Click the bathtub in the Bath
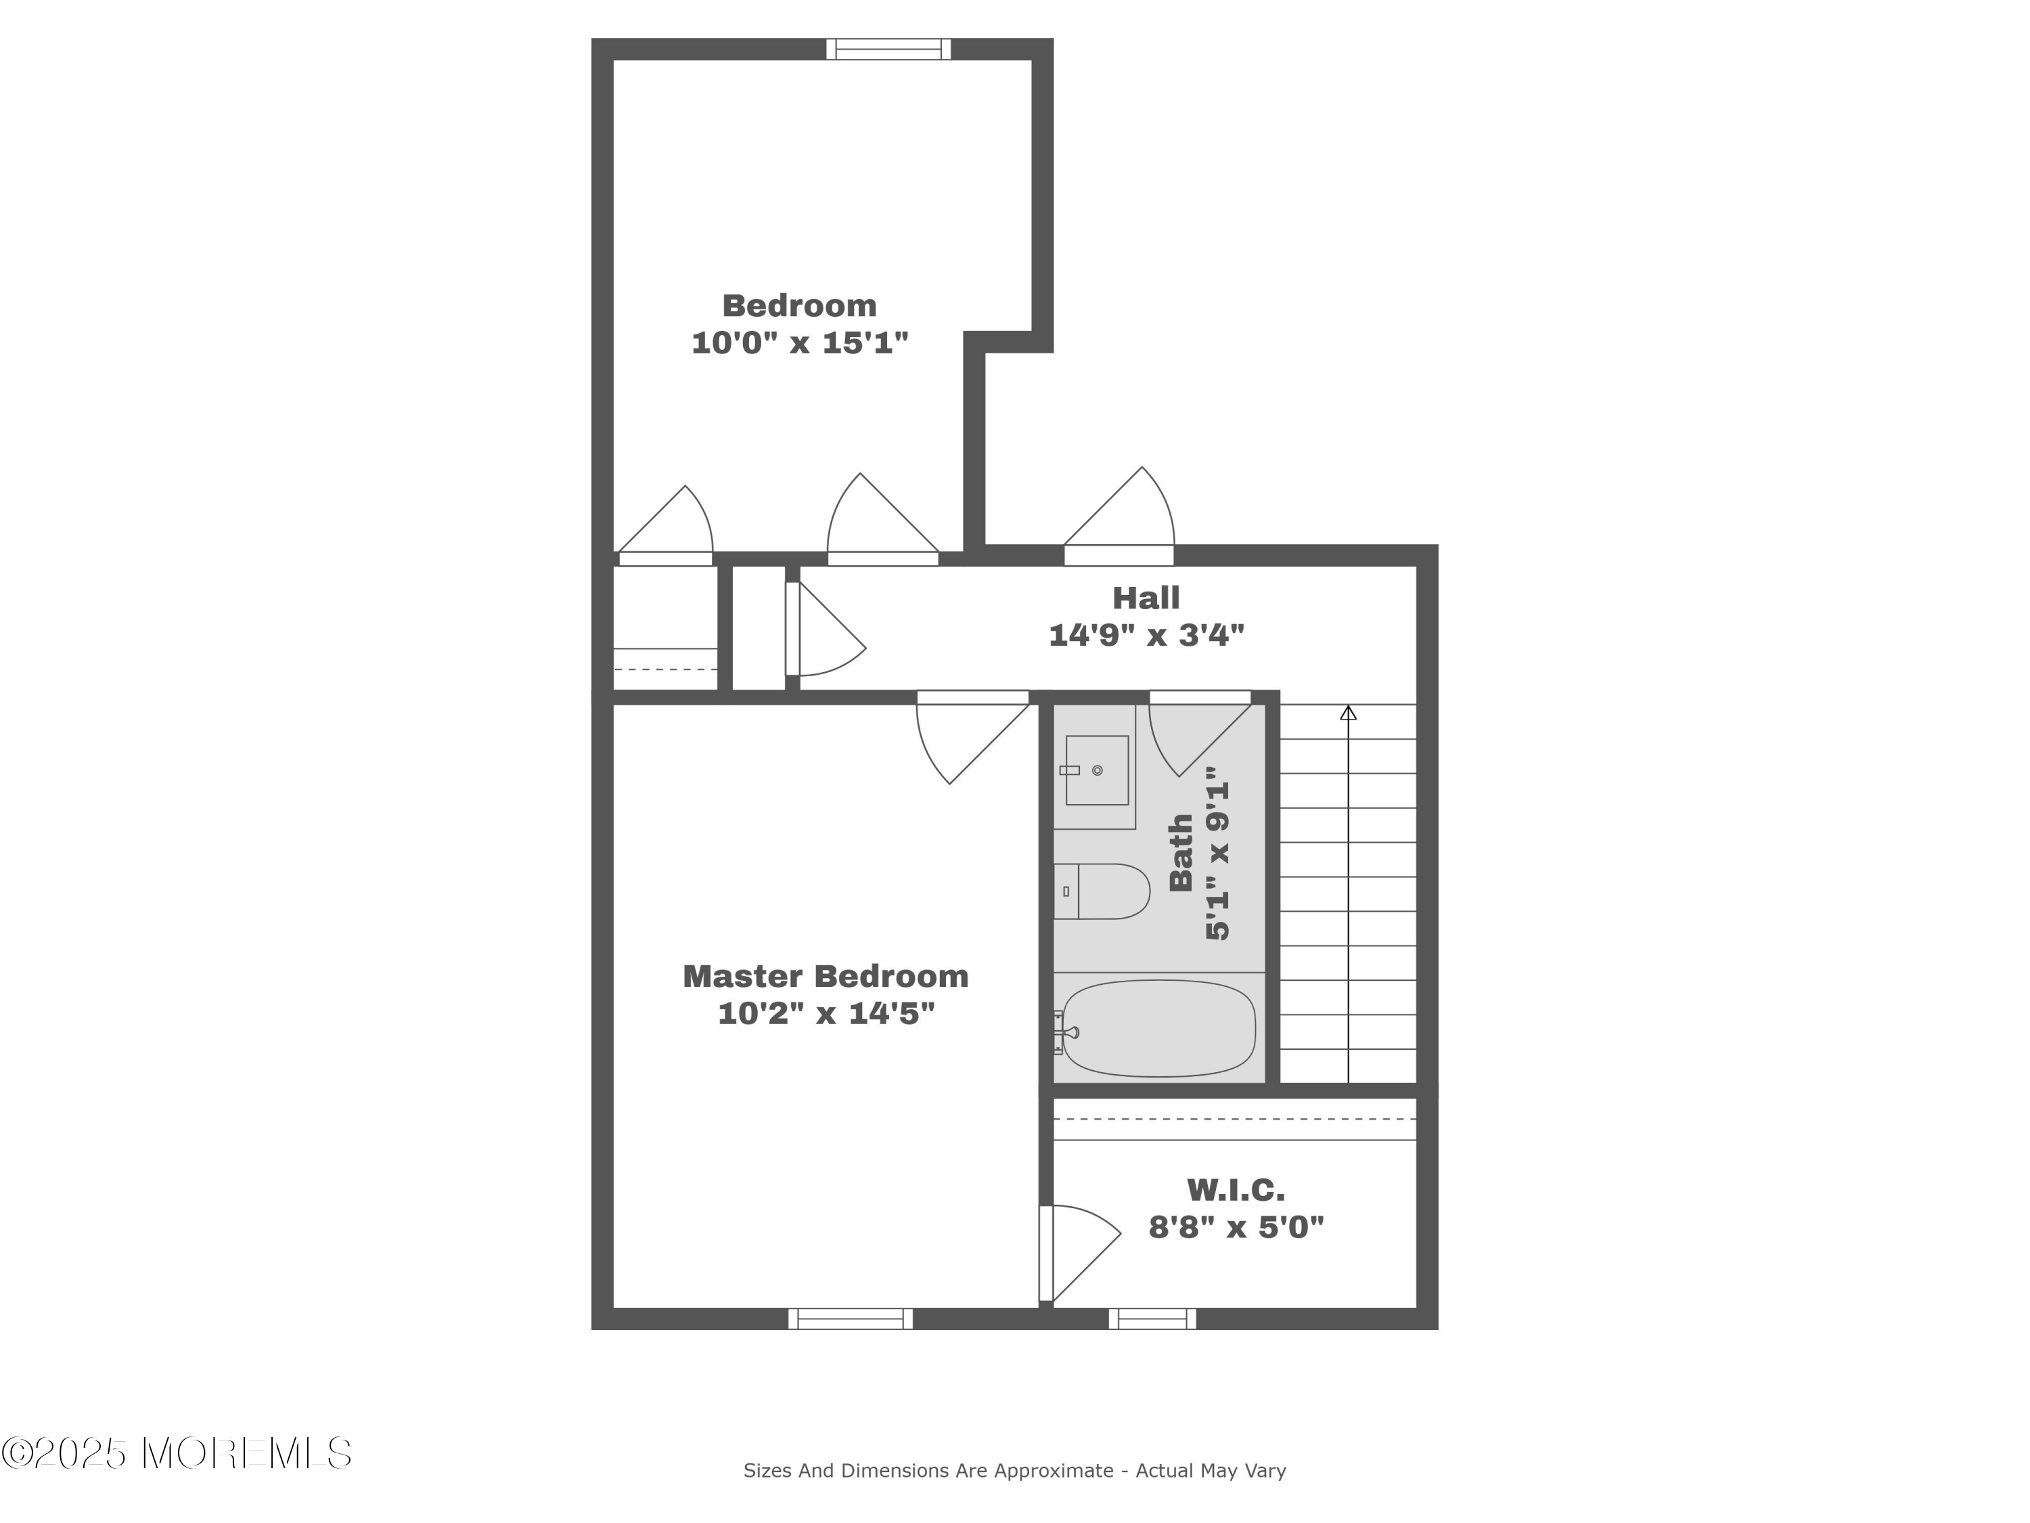[x=1159, y=1028]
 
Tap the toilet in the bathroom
[x=1101, y=891]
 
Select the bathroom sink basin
[x=1097, y=770]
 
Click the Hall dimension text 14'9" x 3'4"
[x=1146, y=634]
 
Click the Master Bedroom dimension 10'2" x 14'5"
[x=826, y=1013]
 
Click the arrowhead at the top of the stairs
[x=1348, y=712]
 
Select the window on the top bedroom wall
[x=888, y=49]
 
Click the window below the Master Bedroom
[x=851, y=1319]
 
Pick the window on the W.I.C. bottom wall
[x=1152, y=1319]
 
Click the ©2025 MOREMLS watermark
[x=176, y=1453]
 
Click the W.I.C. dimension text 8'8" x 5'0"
[x=1236, y=1227]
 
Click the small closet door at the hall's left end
[x=824, y=630]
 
